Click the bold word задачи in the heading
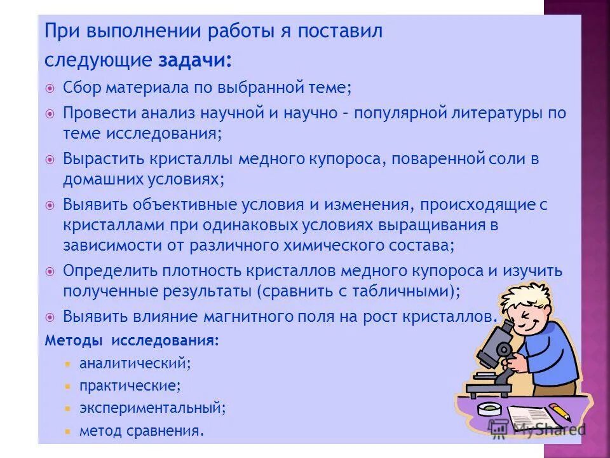pyautogui.click(x=194, y=60)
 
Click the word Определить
pyautogui.click(x=105, y=270)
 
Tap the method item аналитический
pyautogui.click(x=135, y=364)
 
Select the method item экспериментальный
pyautogui.click(x=152, y=407)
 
